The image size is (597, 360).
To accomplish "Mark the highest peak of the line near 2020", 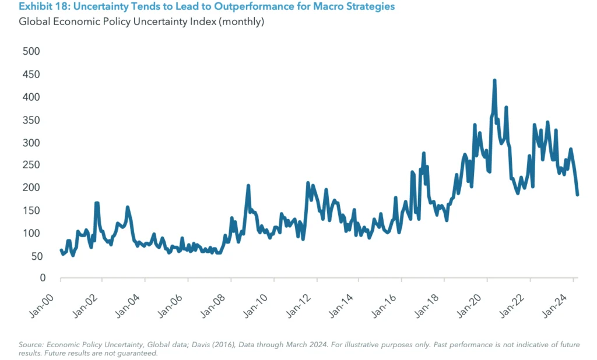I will (494, 80).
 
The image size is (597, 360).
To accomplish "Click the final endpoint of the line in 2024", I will (577, 195).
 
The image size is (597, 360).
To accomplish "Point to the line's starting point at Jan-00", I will (61, 250).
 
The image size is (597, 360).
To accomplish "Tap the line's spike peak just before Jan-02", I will (97, 203).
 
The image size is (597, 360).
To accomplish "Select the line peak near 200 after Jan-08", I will (248, 186).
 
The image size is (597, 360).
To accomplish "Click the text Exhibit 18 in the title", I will (38, 7).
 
